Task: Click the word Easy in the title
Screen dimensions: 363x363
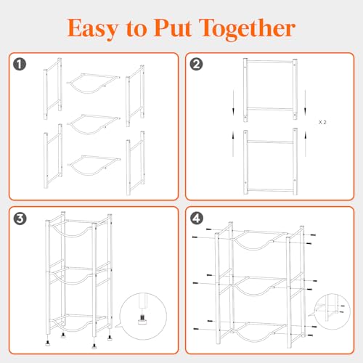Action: tap(93, 28)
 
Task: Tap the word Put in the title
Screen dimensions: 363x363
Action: tap(173, 28)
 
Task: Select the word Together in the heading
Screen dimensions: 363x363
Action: tap(247, 29)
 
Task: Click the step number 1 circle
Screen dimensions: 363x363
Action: tap(20, 65)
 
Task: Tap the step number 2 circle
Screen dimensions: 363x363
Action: tap(196, 65)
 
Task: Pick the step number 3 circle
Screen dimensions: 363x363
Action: tap(20, 219)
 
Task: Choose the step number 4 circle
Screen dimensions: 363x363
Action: tap(197, 219)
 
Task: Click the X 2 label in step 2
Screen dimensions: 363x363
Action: tap(322, 123)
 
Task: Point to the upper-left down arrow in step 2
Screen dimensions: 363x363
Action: tap(233, 102)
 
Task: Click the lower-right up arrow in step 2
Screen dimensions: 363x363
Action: tap(306, 144)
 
